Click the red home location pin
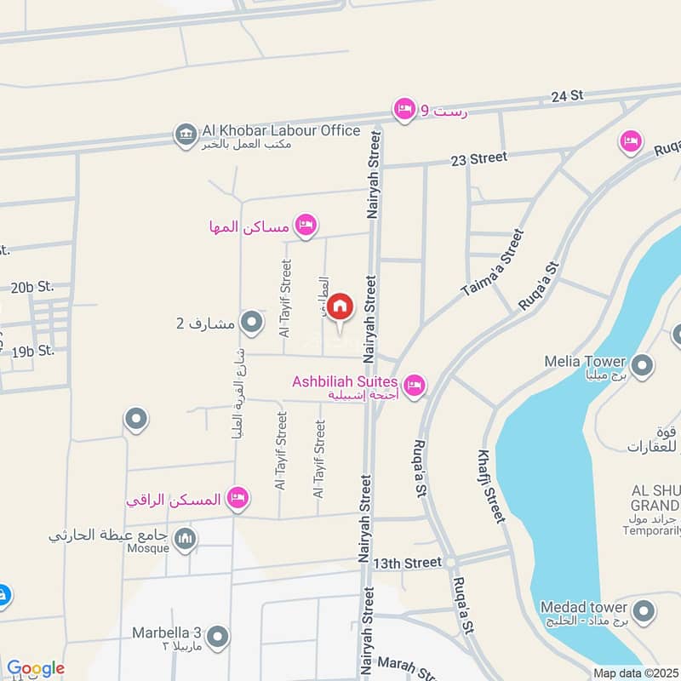point(340,306)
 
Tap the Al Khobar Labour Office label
point(281,131)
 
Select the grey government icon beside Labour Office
point(184,134)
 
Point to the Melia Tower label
point(585,361)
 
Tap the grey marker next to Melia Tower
point(643,366)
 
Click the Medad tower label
point(584,608)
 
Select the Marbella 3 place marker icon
point(219,636)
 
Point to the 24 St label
point(565,97)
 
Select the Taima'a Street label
point(493,263)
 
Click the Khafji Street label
point(491,485)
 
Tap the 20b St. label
point(32,287)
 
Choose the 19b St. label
point(33,351)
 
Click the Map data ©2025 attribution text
point(636,673)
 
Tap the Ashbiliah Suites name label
point(344,382)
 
